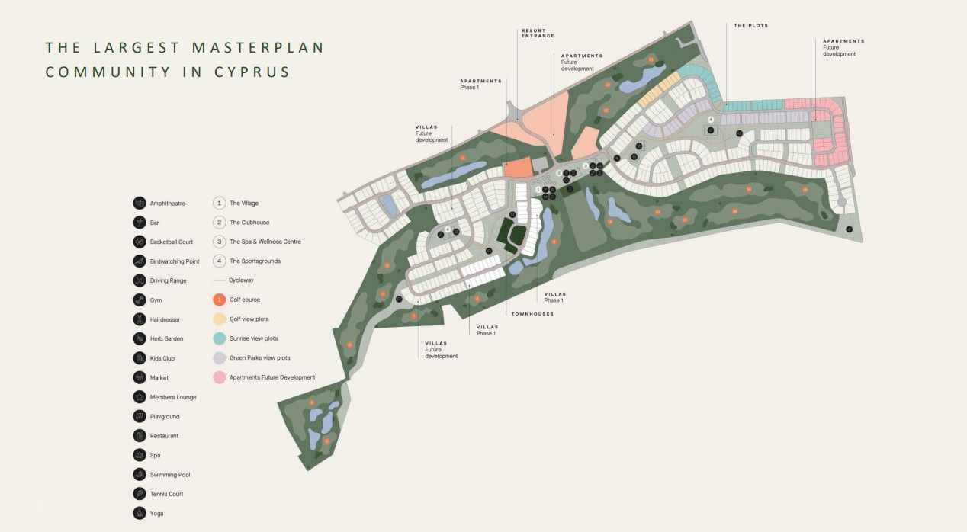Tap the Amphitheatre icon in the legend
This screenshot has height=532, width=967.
tap(139, 204)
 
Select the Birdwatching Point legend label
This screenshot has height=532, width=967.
tap(175, 261)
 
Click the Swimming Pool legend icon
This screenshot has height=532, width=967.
tap(139, 474)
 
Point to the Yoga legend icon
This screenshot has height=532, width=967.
tap(139, 513)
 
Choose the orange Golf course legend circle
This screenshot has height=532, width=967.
tap(219, 300)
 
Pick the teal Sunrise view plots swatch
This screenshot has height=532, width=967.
tap(219, 338)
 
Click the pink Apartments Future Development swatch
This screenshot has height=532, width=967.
tap(219, 377)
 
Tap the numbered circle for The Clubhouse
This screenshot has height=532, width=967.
tap(219, 223)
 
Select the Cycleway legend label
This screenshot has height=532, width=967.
tap(242, 280)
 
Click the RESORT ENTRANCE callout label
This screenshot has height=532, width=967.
tap(538, 33)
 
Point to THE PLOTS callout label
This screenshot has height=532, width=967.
tap(750, 26)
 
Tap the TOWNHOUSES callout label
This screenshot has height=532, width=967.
tap(532, 314)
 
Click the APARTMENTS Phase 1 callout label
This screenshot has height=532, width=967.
tap(480, 83)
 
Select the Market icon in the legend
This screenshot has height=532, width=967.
tap(139, 377)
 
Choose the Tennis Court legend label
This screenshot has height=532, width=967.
tap(166, 494)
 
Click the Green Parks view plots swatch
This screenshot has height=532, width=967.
tap(219, 357)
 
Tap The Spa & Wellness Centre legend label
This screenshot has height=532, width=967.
tap(265, 242)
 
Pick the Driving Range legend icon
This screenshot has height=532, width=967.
tap(139, 280)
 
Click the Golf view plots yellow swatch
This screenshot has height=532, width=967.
tap(219, 319)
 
